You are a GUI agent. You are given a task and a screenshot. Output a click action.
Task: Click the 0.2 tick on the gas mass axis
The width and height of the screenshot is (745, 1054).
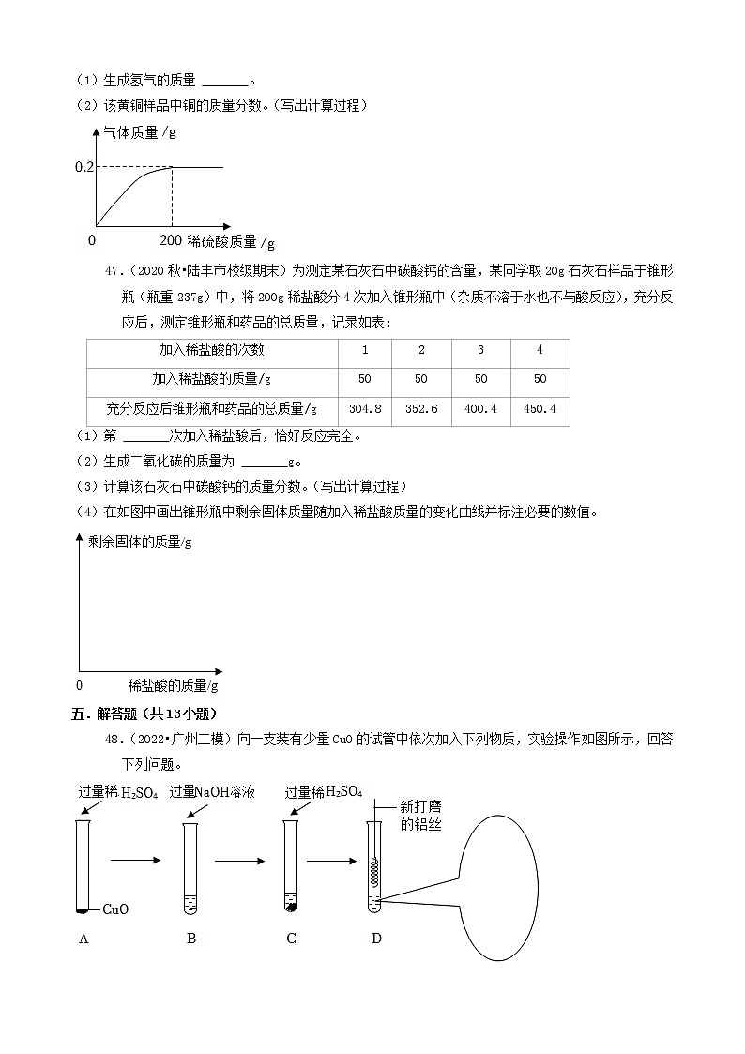84,167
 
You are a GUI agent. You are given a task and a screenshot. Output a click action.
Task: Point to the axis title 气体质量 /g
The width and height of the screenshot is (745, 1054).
140,132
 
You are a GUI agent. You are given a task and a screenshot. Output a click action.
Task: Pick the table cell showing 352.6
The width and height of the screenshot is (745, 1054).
421,408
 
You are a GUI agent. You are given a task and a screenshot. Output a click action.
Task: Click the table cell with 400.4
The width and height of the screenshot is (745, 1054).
480,408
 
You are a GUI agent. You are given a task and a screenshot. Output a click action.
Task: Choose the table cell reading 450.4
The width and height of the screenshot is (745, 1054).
540,408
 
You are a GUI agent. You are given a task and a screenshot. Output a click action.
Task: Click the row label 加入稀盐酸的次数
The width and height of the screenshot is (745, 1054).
212,350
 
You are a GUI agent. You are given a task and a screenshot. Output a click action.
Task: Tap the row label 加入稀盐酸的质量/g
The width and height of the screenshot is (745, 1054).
212,379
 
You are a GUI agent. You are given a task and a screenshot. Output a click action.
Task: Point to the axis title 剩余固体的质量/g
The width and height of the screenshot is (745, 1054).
140,542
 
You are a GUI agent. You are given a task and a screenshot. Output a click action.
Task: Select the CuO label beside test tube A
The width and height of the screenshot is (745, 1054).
114,909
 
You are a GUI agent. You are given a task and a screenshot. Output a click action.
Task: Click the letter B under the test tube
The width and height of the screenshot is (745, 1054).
190,938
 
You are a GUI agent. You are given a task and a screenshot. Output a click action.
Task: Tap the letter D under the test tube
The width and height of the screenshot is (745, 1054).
376,938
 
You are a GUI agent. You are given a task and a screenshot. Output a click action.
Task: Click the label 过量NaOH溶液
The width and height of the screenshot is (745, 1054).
212,792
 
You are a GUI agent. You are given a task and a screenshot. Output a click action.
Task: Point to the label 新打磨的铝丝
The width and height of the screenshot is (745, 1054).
419,815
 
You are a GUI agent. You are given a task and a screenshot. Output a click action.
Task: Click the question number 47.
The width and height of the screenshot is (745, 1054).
114,271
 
